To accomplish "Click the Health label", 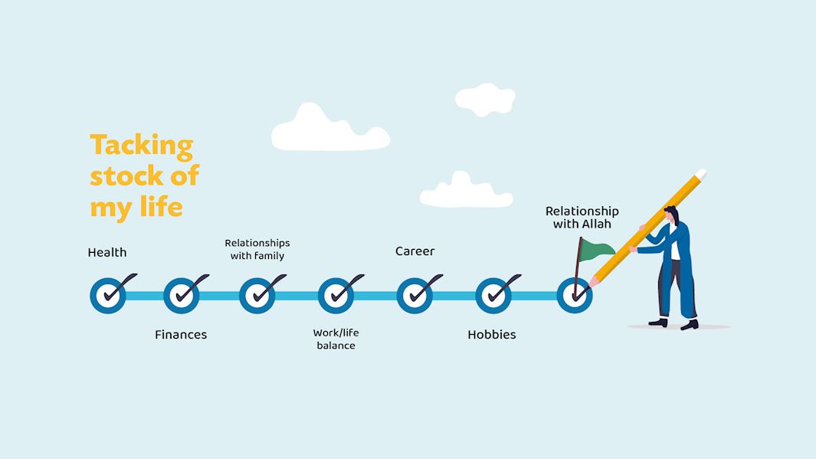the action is coord(107,252).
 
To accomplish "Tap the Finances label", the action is coord(181,335).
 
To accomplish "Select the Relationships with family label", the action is coord(257,249).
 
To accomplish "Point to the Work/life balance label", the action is coord(336,339).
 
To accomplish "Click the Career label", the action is coord(415,251).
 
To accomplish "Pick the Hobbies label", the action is coord(492,335).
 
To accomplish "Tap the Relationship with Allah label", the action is coord(582,218).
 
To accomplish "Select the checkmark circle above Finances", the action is coord(182,296).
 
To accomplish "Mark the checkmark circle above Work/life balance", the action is coord(336,296).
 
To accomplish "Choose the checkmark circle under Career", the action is coord(415,296).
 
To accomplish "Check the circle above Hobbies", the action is coord(493,296).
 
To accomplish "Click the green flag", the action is coord(596,251).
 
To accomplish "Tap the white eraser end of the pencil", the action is coord(701,175).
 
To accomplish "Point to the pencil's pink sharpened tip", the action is coord(593,283).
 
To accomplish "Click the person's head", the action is coord(672,215).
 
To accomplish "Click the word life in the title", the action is coord(162,206).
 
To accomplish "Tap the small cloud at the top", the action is coord(485,100).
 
